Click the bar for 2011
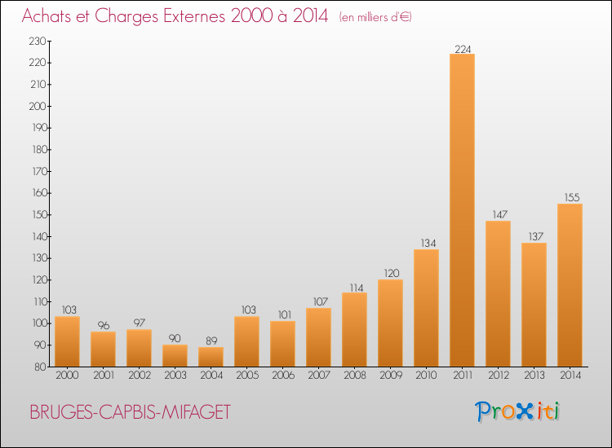[x=462, y=210]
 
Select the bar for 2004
[x=211, y=357]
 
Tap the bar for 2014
[x=570, y=285]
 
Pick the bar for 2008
[x=354, y=330]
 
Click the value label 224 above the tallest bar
[x=463, y=49]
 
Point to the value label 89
[x=211, y=340]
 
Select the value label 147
[x=499, y=215]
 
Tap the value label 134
[x=428, y=243]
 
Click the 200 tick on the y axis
[x=38, y=107]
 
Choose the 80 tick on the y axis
[x=40, y=367]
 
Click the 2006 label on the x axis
[x=283, y=376]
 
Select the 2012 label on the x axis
[x=499, y=376]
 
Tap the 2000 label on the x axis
[x=67, y=376]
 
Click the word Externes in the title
[x=193, y=16]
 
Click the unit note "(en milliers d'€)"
[x=375, y=17]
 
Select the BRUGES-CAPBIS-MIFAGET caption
[x=131, y=412]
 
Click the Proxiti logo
[x=517, y=411]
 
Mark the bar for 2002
[x=139, y=349]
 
